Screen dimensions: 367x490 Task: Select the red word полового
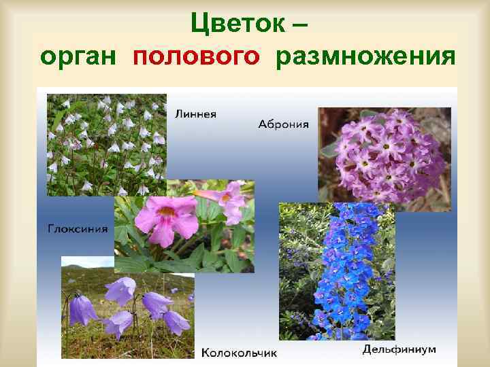pos(197,57)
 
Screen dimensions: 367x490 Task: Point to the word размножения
pos(365,57)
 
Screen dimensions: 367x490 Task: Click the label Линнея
pos(196,113)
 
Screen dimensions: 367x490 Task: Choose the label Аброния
pos(284,124)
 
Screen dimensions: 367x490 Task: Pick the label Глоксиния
pos(77,228)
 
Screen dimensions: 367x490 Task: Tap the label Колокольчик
pos(239,353)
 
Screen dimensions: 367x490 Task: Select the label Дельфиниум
pos(399,350)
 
